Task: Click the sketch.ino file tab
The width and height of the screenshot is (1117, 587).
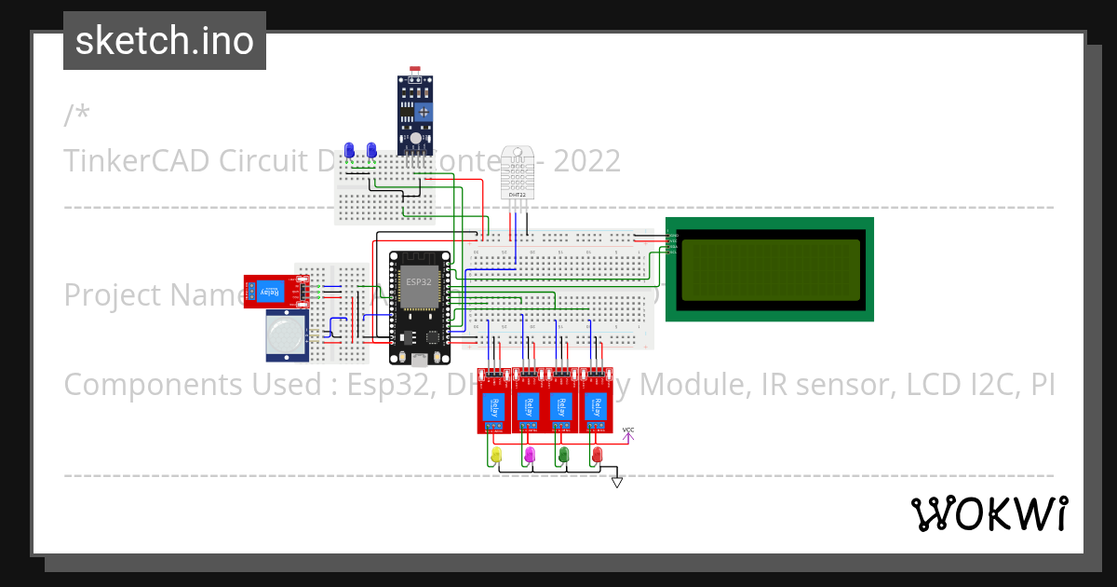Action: (164, 41)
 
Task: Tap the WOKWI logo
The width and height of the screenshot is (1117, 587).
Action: (989, 513)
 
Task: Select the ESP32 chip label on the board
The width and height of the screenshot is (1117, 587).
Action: (418, 281)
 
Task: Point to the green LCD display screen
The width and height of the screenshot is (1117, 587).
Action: (770, 269)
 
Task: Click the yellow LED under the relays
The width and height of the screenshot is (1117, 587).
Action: (496, 454)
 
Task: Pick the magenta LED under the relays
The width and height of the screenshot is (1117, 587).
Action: (530, 454)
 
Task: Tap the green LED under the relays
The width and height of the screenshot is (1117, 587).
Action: (563, 454)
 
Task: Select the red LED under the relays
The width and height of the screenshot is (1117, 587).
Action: (597, 454)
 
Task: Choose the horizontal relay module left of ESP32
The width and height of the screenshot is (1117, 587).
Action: (269, 291)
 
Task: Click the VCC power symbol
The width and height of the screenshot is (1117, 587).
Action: (628, 432)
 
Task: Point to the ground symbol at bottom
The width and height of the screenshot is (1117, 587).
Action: (616, 482)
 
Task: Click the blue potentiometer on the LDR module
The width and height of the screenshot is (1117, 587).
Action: (424, 112)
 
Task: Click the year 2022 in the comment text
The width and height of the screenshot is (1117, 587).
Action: (586, 161)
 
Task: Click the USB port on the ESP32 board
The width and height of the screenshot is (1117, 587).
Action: (420, 359)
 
